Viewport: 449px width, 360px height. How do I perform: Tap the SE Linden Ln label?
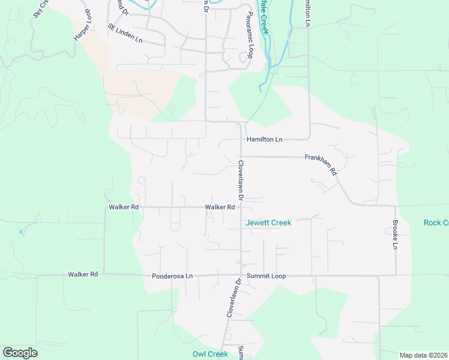point(125,34)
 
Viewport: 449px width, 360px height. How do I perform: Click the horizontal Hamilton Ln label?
point(264,139)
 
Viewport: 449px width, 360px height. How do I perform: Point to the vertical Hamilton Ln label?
point(308,13)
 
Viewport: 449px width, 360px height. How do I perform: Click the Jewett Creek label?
point(268,223)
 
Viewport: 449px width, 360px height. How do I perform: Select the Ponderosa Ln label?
point(172,276)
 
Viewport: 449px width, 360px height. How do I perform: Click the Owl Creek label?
point(210,354)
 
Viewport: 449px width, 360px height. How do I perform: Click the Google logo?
point(20,353)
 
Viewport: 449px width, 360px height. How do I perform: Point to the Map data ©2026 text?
point(423,355)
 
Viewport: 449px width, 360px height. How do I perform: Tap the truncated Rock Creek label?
point(436,223)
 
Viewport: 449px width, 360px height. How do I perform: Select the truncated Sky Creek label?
point(40,8)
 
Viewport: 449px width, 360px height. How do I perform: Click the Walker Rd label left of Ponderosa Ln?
point(83,274)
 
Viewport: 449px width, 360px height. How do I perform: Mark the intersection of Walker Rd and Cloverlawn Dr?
point(241,208)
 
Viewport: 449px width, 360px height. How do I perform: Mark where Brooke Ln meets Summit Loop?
point(395,275)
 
